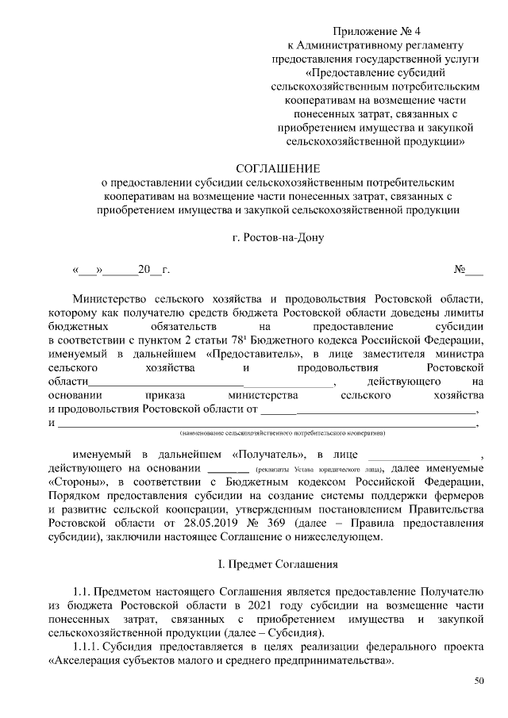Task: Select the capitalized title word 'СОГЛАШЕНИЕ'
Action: tap(279, 168)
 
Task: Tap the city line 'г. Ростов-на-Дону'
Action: tap(279, 236)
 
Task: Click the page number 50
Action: tap(479, 680)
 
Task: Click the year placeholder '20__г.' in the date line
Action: tap(153, 270)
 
